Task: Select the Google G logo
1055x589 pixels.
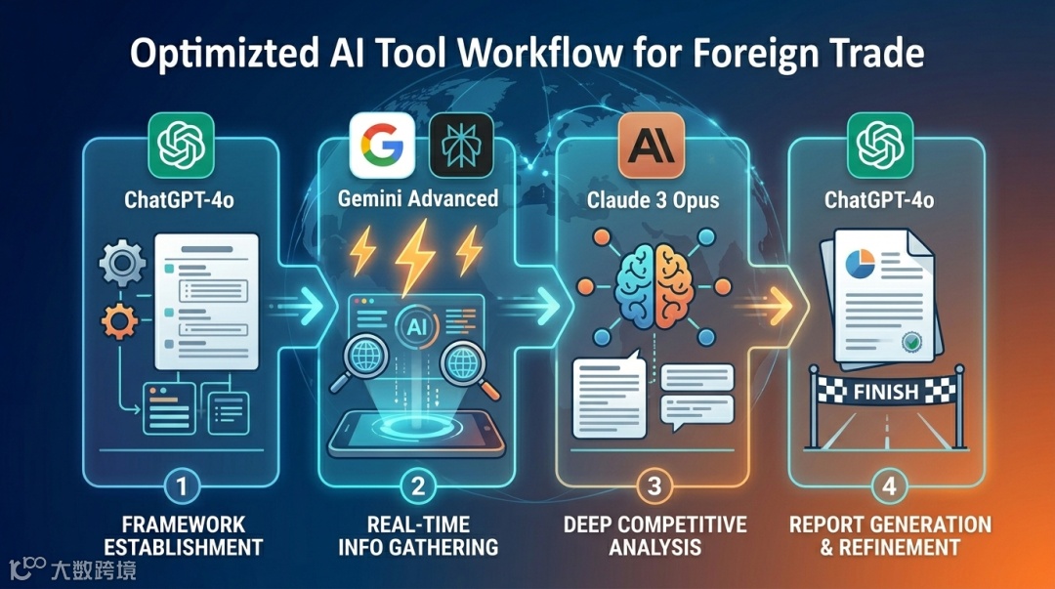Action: [377, 145]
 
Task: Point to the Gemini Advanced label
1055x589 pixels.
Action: [419, 198]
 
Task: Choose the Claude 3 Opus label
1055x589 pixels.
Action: [654, 201]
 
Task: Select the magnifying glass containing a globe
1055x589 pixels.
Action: [460, 366]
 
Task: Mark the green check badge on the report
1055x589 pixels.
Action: [912, 343]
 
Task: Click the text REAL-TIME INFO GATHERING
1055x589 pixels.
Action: [418, 534]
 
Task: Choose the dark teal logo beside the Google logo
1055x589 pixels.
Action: [461, 145]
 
